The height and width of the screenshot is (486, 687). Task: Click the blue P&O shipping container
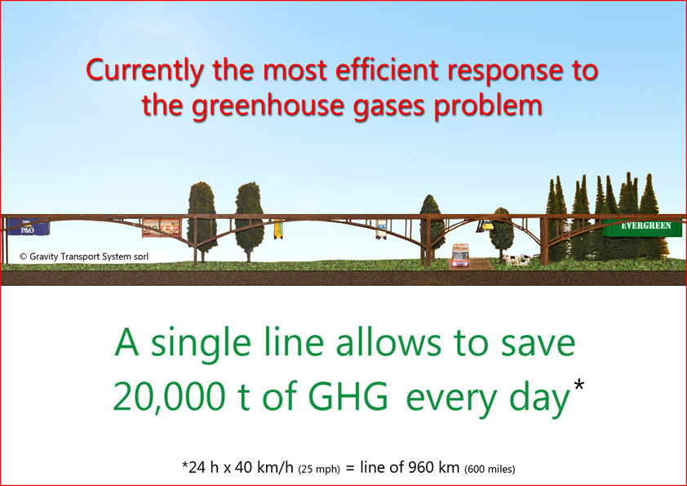28,227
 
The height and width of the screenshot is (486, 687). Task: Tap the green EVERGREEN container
642,227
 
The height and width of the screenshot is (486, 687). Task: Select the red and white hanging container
162,228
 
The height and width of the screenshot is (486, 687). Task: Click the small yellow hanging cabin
278,229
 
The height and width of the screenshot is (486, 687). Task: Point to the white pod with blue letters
381,230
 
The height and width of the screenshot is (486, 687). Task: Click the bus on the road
460,256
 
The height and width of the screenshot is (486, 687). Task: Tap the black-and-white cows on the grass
516,259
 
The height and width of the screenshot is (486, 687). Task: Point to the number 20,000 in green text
169,396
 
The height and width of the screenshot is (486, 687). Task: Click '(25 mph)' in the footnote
319,470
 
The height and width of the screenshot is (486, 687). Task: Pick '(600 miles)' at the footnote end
490,470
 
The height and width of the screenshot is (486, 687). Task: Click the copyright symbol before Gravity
23,256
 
